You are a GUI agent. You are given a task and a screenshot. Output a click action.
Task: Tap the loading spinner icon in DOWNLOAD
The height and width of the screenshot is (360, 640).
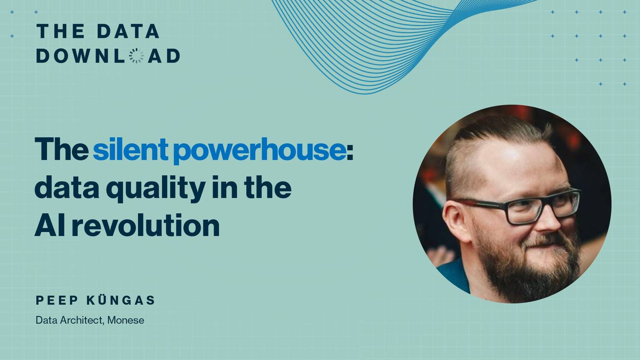(136, 56)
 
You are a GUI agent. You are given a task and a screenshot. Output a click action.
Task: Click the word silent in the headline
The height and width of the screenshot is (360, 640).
(131, 149)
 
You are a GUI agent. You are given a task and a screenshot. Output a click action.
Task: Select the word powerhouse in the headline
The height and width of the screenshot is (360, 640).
(260, 150)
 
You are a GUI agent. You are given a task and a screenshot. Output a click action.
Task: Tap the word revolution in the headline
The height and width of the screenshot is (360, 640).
(146, 225)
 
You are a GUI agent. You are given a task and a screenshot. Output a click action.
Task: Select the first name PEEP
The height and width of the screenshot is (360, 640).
(56, 300)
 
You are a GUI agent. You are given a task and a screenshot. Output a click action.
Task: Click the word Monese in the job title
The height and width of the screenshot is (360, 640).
(126, 320)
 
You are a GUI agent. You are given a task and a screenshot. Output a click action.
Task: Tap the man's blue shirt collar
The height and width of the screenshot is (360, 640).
(454, 274)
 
